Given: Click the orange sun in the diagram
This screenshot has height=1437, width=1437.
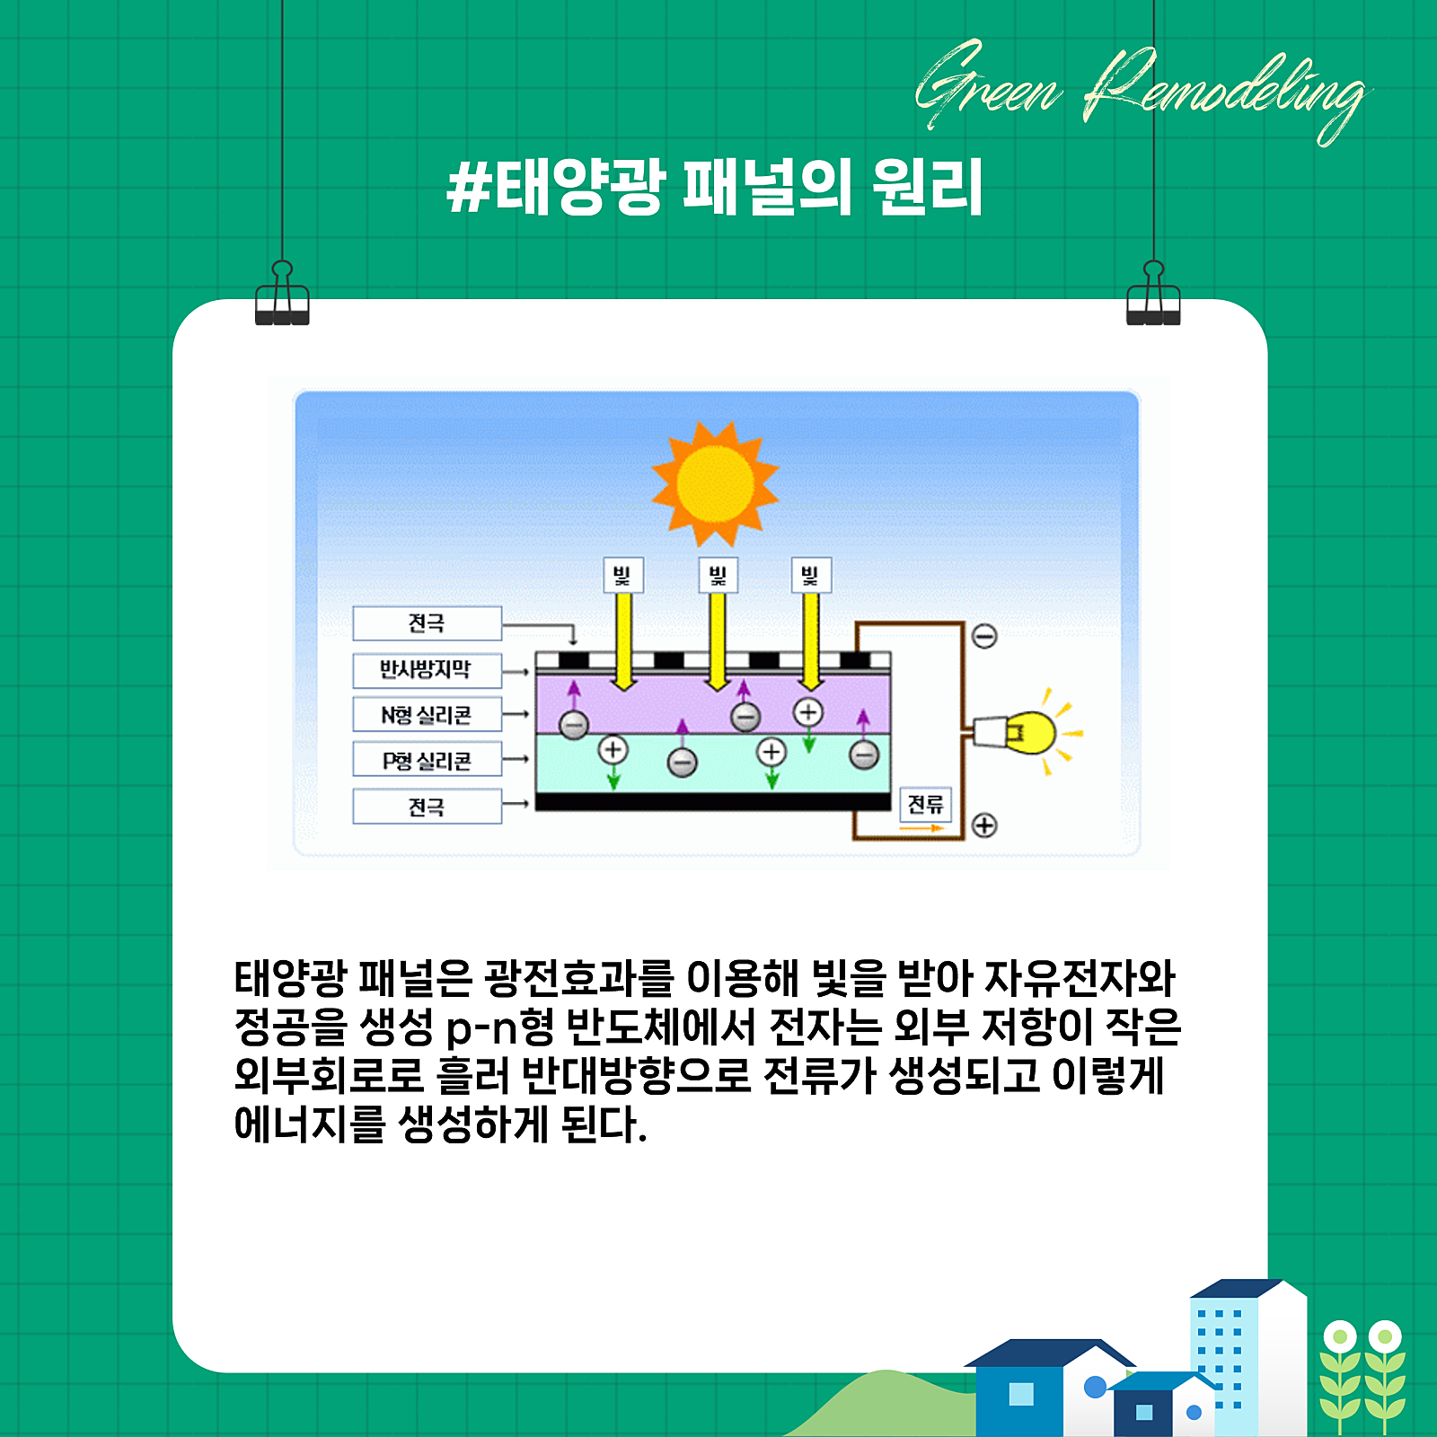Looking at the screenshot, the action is [x=715, y=484].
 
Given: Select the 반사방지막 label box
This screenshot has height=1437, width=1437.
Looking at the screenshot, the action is [x=427, y=670].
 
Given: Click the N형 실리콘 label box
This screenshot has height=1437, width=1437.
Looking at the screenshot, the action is [x=427, y=715].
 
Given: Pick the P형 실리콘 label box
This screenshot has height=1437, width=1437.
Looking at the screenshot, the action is [x=427, y=761].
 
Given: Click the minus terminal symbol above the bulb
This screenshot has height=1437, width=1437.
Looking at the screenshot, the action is [x=984, y=636].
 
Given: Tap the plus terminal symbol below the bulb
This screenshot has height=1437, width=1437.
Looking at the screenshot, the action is [x=984, y=825].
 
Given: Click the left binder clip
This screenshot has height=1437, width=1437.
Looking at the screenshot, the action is [x=282, y=294].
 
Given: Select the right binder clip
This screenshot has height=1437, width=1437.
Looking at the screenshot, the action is [x=1153, y=294].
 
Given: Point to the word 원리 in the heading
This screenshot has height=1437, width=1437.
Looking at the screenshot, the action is [x=927, y=187].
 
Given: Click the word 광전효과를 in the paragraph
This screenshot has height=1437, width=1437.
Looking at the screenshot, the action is [x=578, y=978].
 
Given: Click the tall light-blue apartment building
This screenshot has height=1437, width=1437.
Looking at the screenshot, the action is [x=1248, y=1356].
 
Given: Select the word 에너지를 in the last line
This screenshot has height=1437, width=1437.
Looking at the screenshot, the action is [x=310, y=1125].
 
